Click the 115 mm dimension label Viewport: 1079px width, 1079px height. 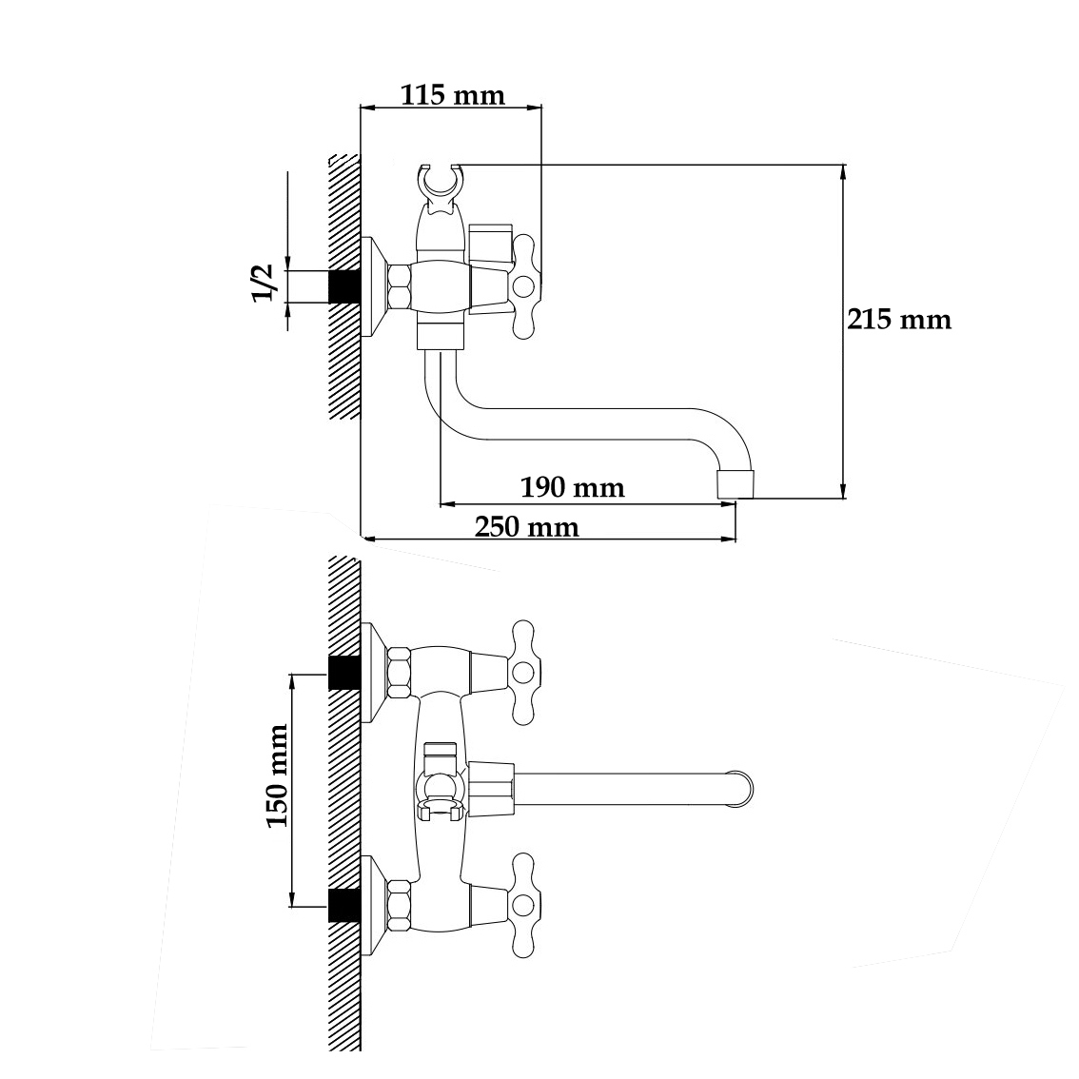(x=453, y=95)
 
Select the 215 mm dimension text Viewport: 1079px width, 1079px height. (x=899, y=320)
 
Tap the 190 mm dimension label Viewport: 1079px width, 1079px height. (x=573, y=488)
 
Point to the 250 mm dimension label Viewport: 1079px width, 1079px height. (x=527, y=527)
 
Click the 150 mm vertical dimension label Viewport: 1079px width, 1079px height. (x=277, y=775)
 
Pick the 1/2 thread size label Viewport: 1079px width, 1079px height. (x=263, y=283)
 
